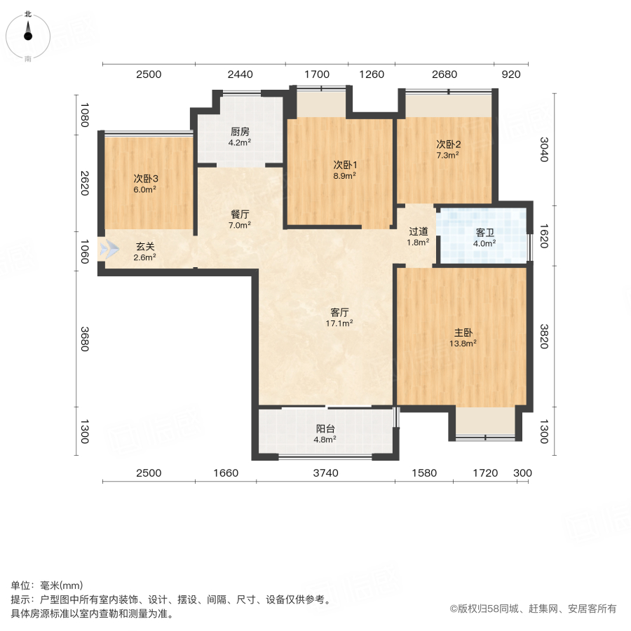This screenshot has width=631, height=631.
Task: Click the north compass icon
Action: pyautogui.click(x=28, y=34)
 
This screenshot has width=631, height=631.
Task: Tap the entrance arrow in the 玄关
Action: pyautogui.click(x=109, y=248)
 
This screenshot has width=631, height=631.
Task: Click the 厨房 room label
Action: pyautogui.click(x=240, y=131)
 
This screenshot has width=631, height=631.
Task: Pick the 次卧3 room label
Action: pyautogui.click(x=145, y=178)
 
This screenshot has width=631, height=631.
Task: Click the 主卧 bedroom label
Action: pyautogui.click(x=463, y=333)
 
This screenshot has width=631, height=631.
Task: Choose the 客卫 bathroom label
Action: pyautogui.click(x=484, y=233)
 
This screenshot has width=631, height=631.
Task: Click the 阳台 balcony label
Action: pyautogui.click(x=325, y=429)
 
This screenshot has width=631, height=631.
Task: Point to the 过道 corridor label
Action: pyautogui.click(x=419, y=232)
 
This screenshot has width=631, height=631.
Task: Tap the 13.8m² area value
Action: pyautogui.click(x=463, y=344)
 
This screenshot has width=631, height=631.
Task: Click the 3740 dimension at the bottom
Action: pyautogui.click(x=325, y=473)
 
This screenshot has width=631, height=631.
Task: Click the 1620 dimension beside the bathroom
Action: pyautogui.click(x=543, y=235)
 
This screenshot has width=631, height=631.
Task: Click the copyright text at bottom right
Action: pyautogui.click(x=533, y=609)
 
